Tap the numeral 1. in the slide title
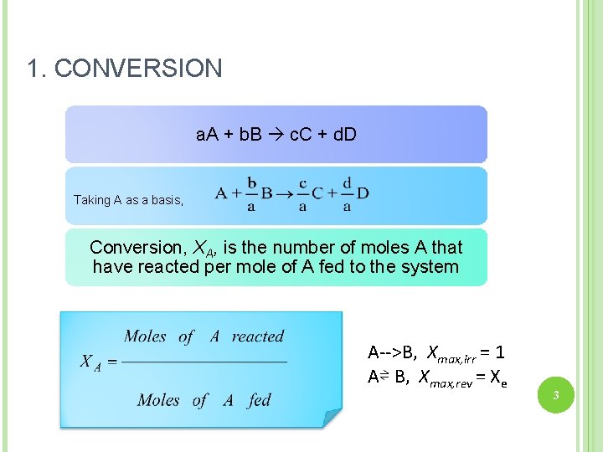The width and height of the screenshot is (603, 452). (36, 69)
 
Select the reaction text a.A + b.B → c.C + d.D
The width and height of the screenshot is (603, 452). (276, 134)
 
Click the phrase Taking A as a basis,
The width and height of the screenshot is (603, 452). (128, 200)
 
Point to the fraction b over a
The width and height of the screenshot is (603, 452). (251, 194)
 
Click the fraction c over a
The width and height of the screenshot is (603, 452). (302, 194)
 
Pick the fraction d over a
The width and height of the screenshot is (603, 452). (347, 194)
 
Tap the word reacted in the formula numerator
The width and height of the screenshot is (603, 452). (258, 336)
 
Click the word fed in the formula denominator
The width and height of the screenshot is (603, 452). (260, 400)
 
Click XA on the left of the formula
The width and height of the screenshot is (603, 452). (90, 362)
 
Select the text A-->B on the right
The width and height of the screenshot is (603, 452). (394, 352)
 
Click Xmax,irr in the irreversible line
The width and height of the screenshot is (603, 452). (451, 353)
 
